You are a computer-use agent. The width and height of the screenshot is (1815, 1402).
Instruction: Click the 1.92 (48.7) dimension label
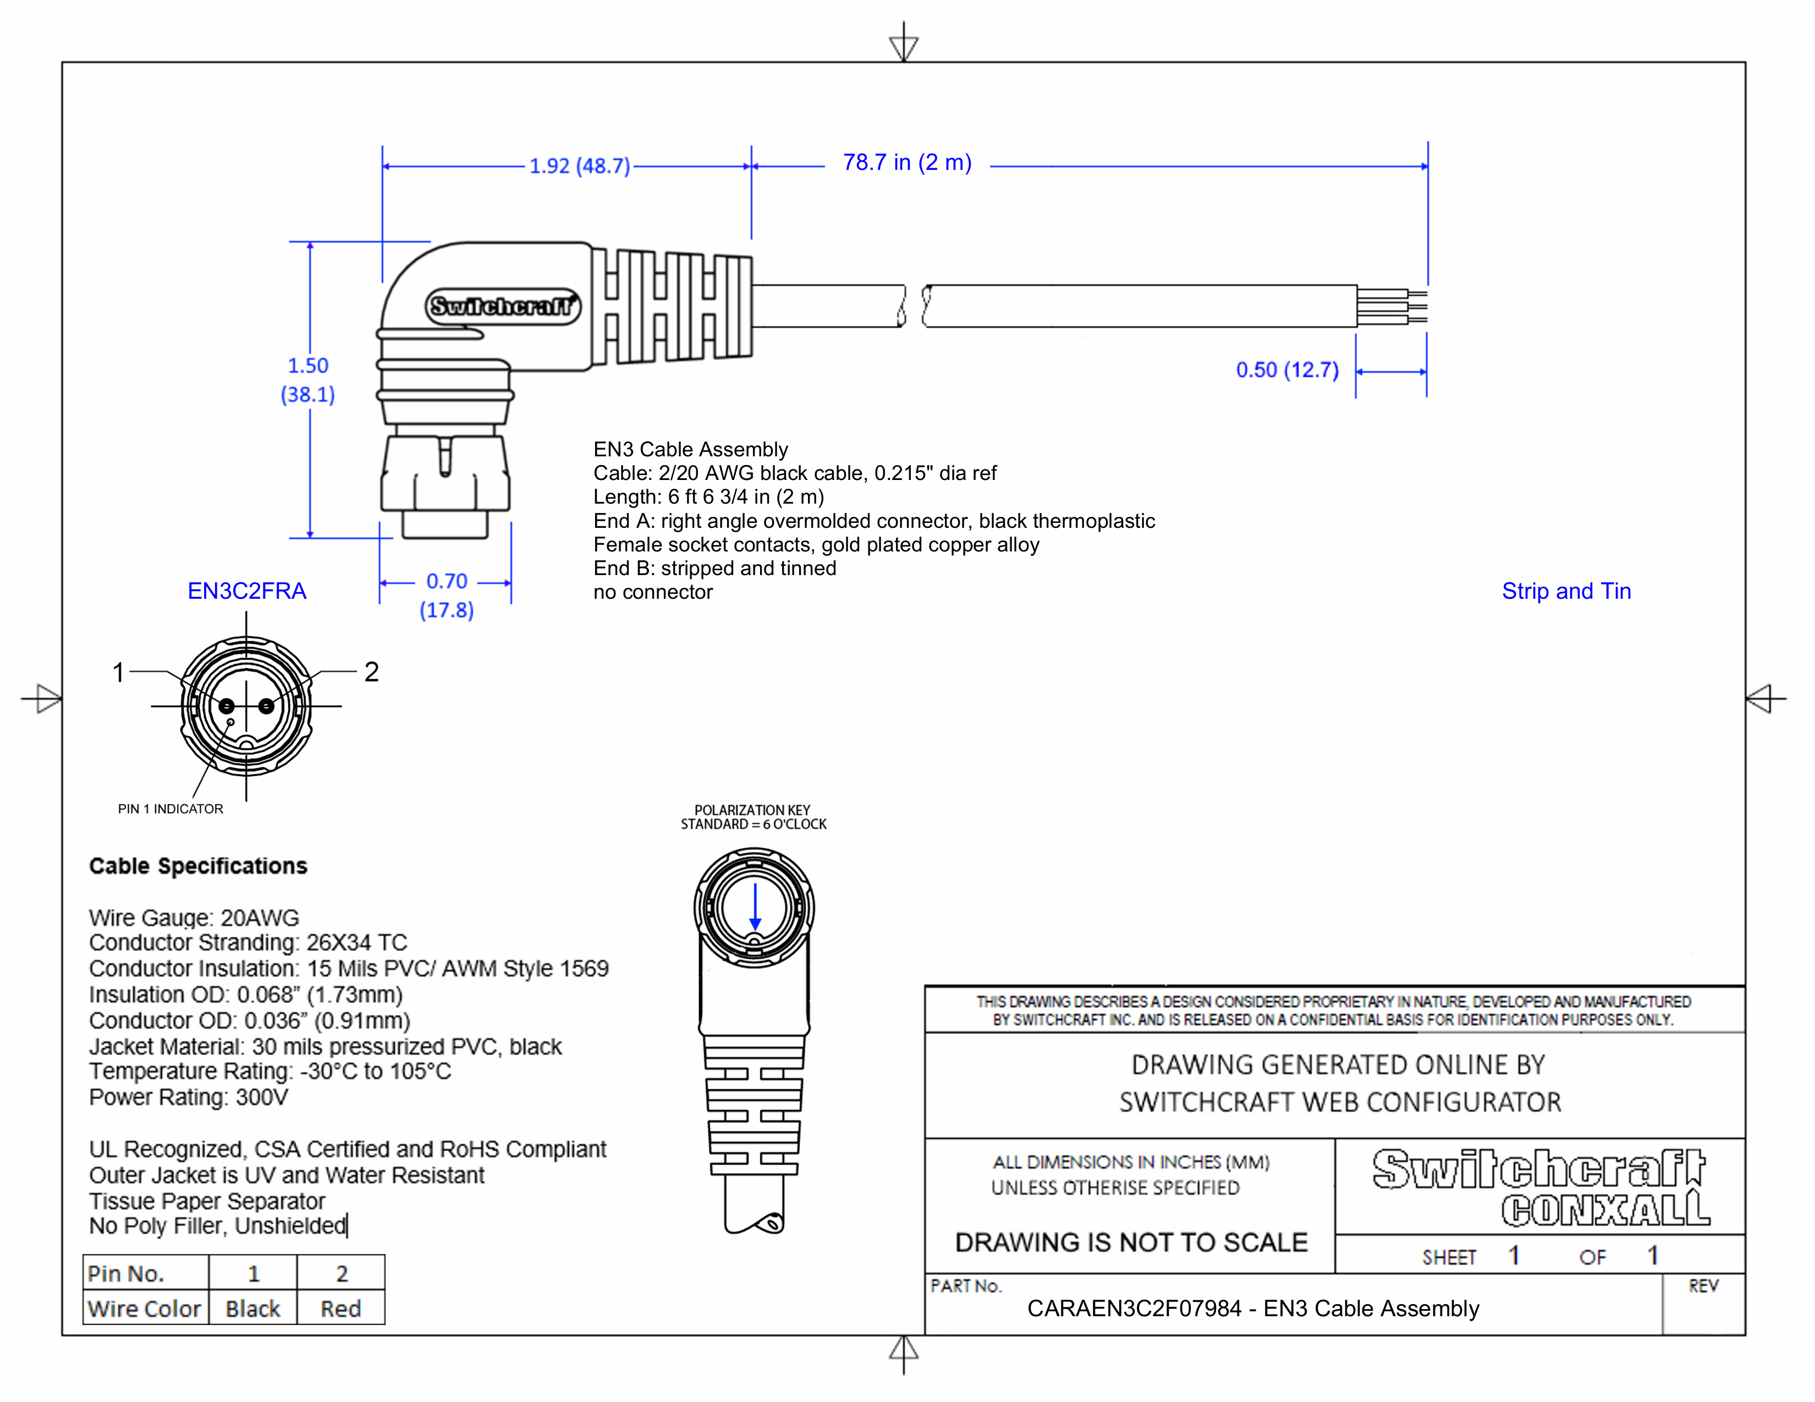pos(579,166)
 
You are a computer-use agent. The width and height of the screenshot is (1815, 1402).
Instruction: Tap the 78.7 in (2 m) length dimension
pos(906,163)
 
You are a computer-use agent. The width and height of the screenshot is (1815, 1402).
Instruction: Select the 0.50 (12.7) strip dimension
pos(1286,371)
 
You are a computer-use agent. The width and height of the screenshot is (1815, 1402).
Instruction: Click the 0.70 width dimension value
pos(446,581)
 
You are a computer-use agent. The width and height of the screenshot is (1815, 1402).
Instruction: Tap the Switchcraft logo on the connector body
pos(503,306)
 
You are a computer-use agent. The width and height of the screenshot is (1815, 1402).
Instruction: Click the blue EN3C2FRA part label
pos(247,592)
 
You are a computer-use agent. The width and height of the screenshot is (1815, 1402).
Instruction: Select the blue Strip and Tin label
pos(1566,592)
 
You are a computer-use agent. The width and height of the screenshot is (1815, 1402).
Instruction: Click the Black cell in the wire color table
pos(252,1309)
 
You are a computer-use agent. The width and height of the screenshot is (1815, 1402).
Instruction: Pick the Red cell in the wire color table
pos(341,1309)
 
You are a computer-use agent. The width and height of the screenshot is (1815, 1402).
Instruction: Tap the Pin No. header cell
pos(127,1273)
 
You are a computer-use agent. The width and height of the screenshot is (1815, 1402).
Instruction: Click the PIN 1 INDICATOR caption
pos(170,809)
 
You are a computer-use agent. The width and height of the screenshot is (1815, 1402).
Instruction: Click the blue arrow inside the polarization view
pos(755,907)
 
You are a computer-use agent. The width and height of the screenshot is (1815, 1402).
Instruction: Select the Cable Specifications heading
pos(198,866)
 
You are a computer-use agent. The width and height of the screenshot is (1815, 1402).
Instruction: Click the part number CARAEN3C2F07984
pos(1134,1309)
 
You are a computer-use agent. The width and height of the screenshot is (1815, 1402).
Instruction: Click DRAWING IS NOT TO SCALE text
pos(1131,1243)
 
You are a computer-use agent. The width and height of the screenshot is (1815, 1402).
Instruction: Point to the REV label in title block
pos(1702,1286)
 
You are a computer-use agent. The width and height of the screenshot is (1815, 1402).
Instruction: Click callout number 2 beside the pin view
pos(371,671)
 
